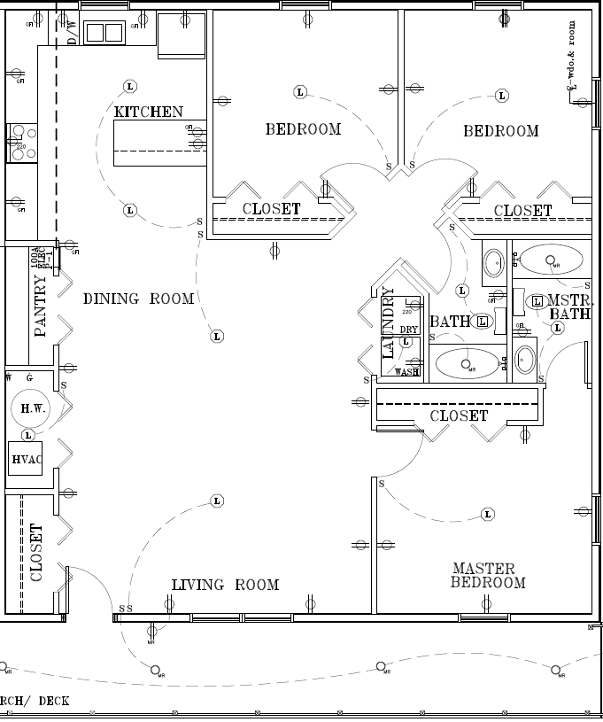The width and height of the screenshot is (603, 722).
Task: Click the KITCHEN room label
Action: pyautogui.click(x=148, y=112)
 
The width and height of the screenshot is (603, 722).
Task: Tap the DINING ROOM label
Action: pyautogui.click(x=138, y=299)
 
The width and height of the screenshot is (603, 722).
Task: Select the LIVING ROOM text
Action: pyautogui.click(x=225, y=585)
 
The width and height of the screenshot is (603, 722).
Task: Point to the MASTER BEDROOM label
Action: pyautogui.click(x=488, y=576)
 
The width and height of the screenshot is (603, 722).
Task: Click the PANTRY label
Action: pyautogui.click(x=40, y=306)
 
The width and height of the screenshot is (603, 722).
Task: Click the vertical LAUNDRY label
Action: pyautogui.click(x=388, y=322)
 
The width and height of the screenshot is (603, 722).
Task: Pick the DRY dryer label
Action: pyautogui.click(x=408, y=330)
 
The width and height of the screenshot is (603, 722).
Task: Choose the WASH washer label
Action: pyautogui.click(x=406, y=372)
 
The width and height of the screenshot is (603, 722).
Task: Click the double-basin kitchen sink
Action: pyautogui.click(x=104, y=33)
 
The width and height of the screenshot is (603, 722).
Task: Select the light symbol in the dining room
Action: pyautogui.click(x=217, y=336)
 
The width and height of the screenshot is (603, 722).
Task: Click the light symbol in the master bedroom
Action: pyautogui.click(x=487, y=514)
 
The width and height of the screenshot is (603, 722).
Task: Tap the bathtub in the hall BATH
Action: pyautogui.click(x=468, y=364)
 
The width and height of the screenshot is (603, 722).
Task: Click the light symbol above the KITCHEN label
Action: pyautogui.click(x=130, y=86)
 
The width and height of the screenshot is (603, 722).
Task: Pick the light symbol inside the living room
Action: pyautogui.click(x=217, y=501)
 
